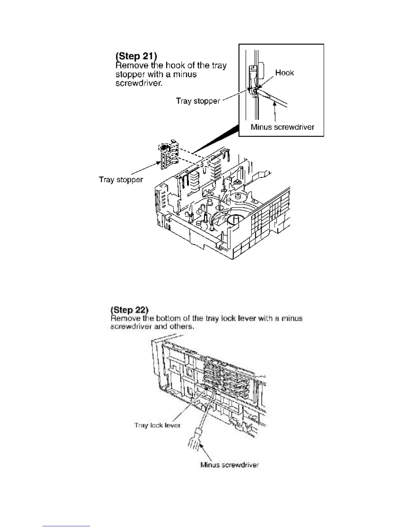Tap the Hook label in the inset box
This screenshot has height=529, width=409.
pos(284,73)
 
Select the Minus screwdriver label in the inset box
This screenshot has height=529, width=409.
pos(282,127)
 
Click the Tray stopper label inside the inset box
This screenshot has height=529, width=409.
pos(198,101)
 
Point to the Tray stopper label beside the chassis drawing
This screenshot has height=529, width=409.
pos(121,180)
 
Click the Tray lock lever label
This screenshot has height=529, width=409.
pos(157,425)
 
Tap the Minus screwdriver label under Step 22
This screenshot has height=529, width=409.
pos(230,465)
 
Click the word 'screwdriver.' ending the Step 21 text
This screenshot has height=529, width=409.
pos(139,83)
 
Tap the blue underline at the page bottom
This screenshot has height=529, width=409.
pos(66,526)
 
